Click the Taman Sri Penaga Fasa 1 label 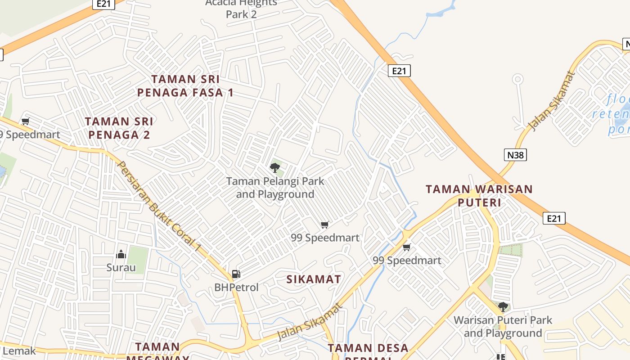[x=185, y=86]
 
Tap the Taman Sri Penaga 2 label [x=119, y=128]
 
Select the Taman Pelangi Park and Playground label [x=275, y=188]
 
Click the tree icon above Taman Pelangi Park [x=274, y=168]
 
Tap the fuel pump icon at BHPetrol [x=236, y=274]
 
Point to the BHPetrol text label [x=236, y=287]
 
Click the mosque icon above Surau [x=121, y=255]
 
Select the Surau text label [x=121, y=268]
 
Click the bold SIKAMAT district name [x=314, y=279]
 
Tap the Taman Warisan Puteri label [x=479, y=196]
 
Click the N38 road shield [x=515, y=155]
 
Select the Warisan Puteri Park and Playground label [x=503, y=327]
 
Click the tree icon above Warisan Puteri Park [x=503, y=307]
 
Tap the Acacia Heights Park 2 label [x=241, y=9]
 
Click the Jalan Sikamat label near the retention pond [x=553, y=101]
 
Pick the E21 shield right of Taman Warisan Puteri [x=553, y=218]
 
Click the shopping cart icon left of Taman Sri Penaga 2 [x=26, y=121]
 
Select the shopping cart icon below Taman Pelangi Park [x=324, y=225]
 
